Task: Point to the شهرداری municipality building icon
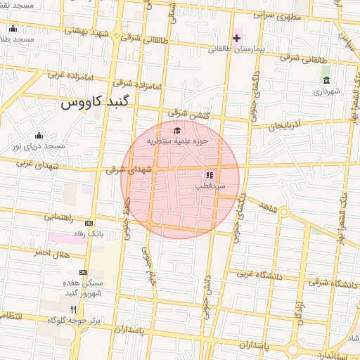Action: [325, 80]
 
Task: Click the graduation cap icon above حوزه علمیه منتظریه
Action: [177, 130]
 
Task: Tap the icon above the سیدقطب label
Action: [209, 174]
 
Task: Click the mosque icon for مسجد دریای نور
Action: [39, 135]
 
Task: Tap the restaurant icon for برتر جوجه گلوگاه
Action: [74, 309]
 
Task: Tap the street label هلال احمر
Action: [52, 252]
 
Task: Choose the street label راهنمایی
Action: [60, 217]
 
